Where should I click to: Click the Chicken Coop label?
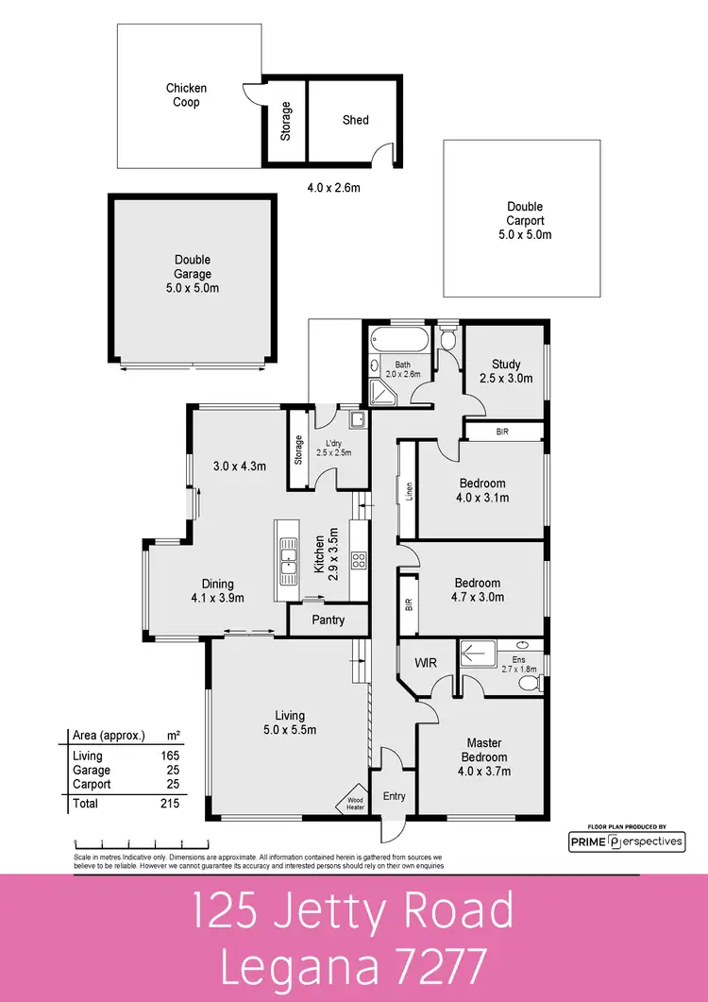coord(186,95)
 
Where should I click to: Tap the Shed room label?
coord(356,120)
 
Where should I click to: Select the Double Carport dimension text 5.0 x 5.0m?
coord(525,234)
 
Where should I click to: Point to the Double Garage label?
coord(193,266)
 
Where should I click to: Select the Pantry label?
coord(329,620)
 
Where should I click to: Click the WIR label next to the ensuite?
coord(424,663)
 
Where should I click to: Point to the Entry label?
coord(394,796)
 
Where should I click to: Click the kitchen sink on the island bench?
coord(287,565)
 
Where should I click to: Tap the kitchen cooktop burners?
coord(359,560)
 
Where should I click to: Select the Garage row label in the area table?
coord(89,770)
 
